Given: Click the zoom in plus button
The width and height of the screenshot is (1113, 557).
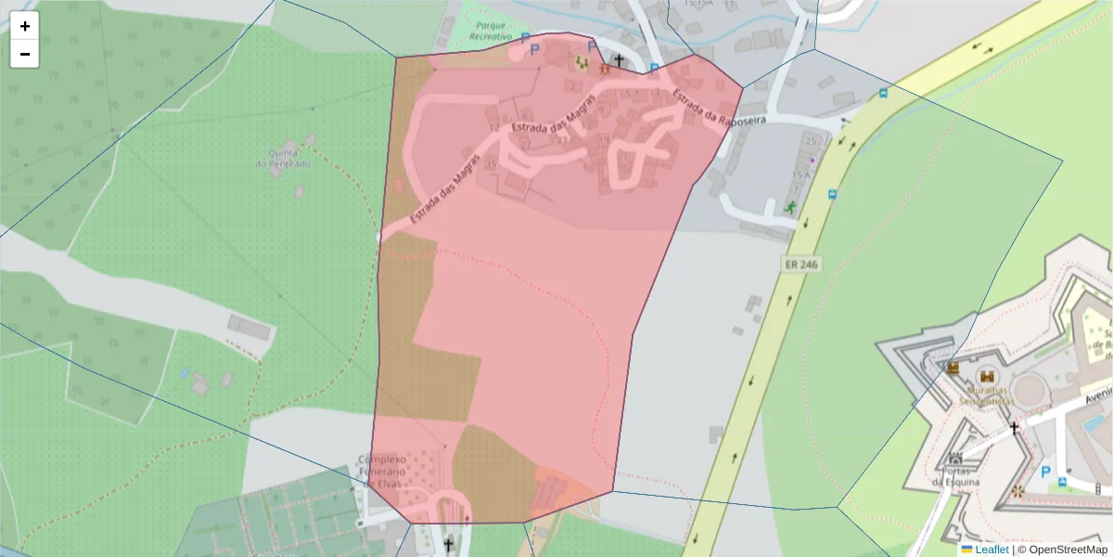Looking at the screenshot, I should (x=25, y=26).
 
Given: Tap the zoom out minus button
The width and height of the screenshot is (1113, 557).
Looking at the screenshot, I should (x=25, y=54).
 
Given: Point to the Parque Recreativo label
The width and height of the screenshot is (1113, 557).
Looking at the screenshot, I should (x=491, y=31).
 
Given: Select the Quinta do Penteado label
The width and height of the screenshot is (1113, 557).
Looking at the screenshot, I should (x=284, y=158).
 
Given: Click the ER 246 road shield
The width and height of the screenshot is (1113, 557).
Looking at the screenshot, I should (x=801, y=265).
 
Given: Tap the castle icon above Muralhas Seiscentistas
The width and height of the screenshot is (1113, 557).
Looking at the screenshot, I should (x=987, y=376).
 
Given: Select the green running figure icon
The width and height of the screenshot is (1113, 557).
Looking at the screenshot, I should (x=790, y=207).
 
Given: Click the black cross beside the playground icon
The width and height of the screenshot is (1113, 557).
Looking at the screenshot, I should (x=619, y=60).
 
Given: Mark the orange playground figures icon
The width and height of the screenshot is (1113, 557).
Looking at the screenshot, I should (x=604, y=67).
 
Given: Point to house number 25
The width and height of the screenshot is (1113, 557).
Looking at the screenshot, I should (x=813, y=140).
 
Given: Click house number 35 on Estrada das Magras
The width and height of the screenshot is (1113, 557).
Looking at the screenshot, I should (x=491, y=164).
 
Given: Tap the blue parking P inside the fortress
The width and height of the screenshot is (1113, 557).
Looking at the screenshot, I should (x=1046, y=472).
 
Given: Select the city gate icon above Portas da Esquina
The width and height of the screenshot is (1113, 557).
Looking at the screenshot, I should (x=955, y=458).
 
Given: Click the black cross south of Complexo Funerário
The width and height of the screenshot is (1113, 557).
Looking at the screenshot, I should (x=449, y=544).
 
